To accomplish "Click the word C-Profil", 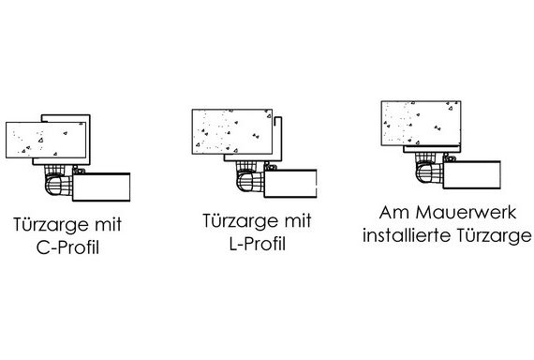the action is pyautogui.click(x=67, y=247).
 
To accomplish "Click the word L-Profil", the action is pyautogui.click(x=257, y=244).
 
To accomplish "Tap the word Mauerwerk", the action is pyautogui.click(x=467, y=213).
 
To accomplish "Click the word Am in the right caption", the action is pyautogui.click(x=394, y=213).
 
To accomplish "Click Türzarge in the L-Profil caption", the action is pyautogui.click(x=238, y=221).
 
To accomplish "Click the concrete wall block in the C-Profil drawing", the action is pyautogui.click(x=46, y=140).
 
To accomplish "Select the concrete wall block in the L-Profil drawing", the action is pyautogui.click(x=232, y=131).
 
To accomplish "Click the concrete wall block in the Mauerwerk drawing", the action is pyautogui.click(x=421, y=123).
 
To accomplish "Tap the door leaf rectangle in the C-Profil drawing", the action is pyautogui.click(x=101, y=187).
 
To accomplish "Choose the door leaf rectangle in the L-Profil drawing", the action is pyautogui.click(x=290, y=183).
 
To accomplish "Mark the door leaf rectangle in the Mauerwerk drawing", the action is pyautogui.click(x=471, y=174).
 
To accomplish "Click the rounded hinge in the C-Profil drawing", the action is pyautogui.click(x=58, y=185).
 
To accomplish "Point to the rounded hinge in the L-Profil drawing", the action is pyautogui.click(x=249, y=181).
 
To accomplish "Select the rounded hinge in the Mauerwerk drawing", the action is pyautogui.click(x=429, y=172).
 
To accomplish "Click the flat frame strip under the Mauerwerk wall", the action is pyautogui.click(x=432, y=149).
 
